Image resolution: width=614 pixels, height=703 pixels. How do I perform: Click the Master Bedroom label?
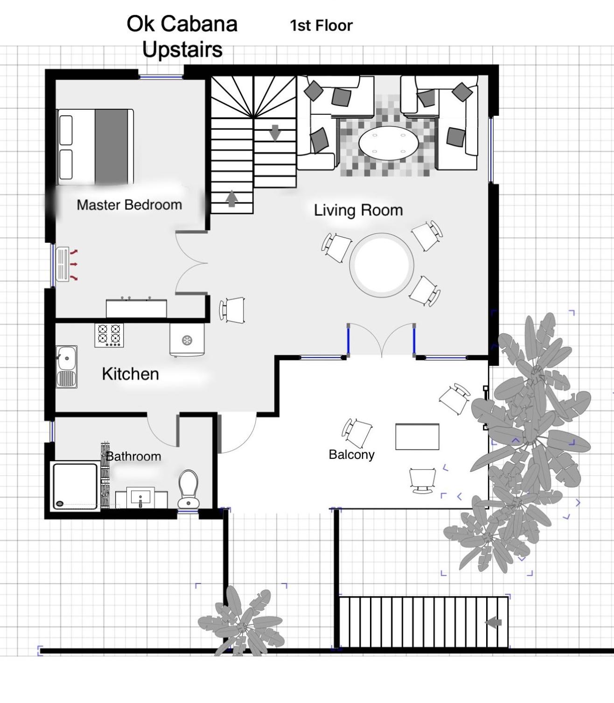[x=129, y=205]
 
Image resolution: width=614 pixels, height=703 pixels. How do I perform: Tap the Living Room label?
[x=358, y=210]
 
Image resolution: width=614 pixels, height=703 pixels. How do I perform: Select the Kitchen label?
[x=131, y=374]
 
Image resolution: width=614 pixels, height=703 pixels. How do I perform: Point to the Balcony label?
[x=351, y=455]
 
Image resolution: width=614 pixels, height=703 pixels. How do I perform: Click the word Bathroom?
[x=133, y=457]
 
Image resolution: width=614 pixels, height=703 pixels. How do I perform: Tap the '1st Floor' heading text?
[x=321, y=25]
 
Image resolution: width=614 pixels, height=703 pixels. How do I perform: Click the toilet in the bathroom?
[x=188, y=489]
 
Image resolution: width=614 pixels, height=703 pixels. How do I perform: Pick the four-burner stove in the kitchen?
[x=109, y=335]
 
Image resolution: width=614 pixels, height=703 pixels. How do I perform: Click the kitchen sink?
[x=67, y=366]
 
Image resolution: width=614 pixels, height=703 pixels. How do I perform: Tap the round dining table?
[x=382, y=265]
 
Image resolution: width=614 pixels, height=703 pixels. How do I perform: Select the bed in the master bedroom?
[x=95, y=147]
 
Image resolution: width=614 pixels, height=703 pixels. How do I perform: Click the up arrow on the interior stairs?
[x=232, y=198]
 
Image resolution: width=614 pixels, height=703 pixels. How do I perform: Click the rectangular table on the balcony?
[x=417, y=436]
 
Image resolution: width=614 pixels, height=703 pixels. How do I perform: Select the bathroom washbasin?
[x=140, y=497]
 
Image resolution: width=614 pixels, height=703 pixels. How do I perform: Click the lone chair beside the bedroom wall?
[x=232, y=310]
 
